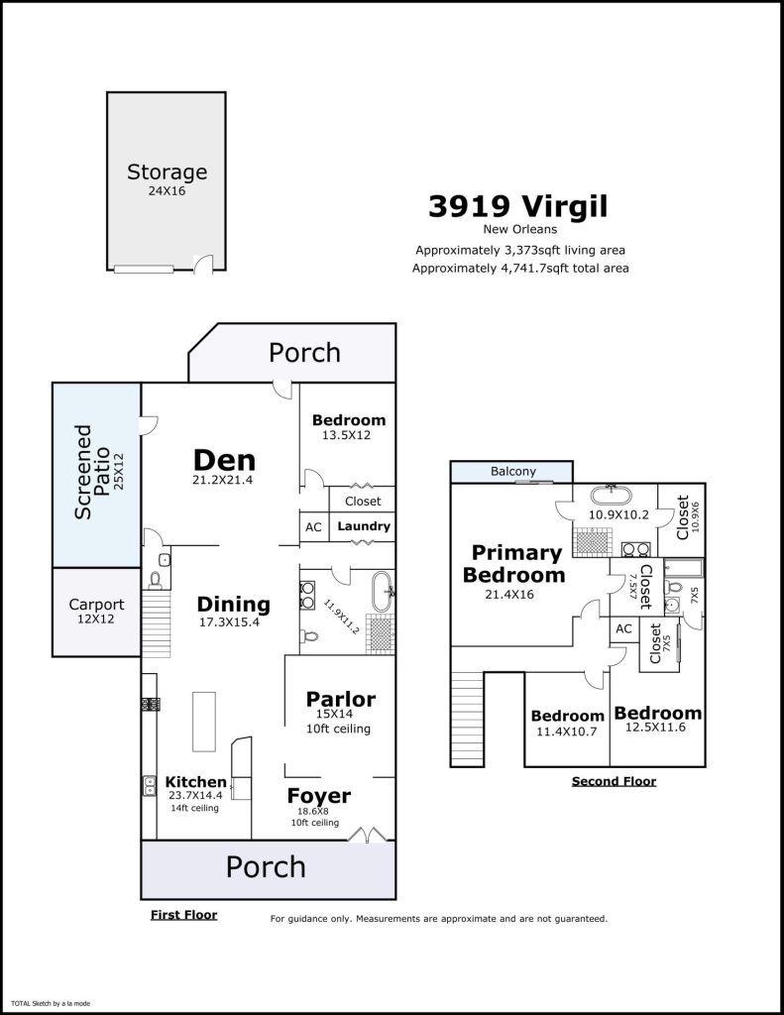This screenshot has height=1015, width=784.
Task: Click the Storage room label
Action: pyautogui.click(x=168, y=172)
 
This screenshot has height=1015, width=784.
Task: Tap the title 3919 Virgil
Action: pyautogui.click(x=518, y=206)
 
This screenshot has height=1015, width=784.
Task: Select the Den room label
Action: pyautogui.click(x=224, y=460)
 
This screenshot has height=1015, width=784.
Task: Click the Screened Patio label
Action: pyautogui.click(x=91, y=472)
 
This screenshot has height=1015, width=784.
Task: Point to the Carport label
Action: pyautogui.click(x=96, y=605)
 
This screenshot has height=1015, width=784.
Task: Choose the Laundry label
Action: pyautogui.click(x=364, y=526)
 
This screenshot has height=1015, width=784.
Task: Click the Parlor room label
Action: pyautogui.click(x=341, y=699)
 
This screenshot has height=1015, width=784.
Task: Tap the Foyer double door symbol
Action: pyautogui.click(x=367, y=834)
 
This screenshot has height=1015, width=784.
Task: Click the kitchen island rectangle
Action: pyautogui.click(x=204, y=722)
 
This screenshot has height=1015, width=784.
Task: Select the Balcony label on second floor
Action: pyautogui.click(x=512, y=471)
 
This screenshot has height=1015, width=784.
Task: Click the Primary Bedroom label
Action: pyautogui.click(x=514, y=564)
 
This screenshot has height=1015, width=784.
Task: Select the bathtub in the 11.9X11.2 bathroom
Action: pyautogui.click(x=382, y=591)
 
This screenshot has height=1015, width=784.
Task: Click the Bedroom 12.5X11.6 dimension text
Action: pyautogui.click(x=655, y=727)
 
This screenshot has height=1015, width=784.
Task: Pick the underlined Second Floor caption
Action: pyautogui.click(x=614, y=781)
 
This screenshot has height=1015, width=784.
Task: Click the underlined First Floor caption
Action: pyautogui.click(x=184, y=915)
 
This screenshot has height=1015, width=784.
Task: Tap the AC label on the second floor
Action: pyautogui.click(x=624, y=628)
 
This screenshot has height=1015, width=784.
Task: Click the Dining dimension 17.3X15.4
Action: pyautogui.click(x=229, y=622)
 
